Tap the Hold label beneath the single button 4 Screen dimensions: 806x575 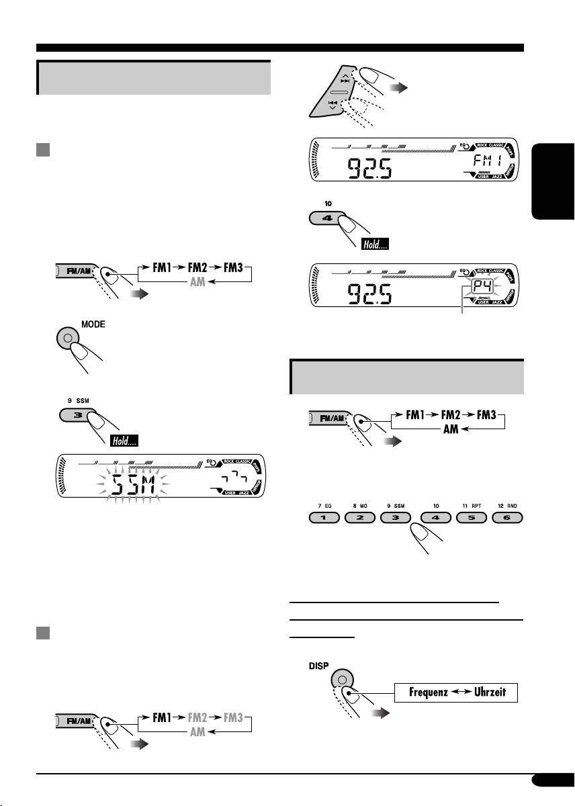coord(374,245)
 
